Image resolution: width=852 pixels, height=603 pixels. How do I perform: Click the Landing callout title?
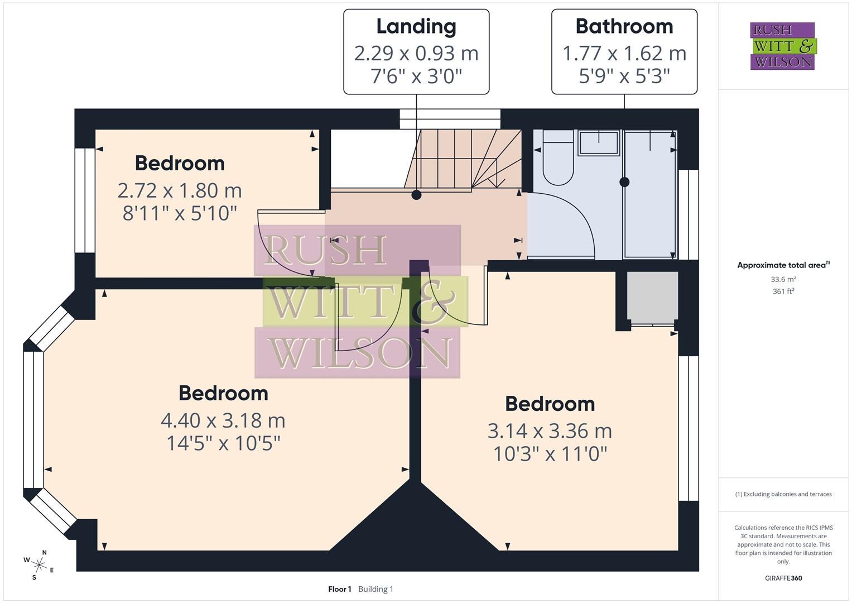tap(416, 27)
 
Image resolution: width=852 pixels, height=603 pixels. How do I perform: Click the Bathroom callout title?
tap(624, 27)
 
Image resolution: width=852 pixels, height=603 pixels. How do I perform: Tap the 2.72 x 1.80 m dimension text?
tap(180, 191)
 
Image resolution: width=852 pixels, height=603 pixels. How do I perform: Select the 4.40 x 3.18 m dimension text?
tap(223, 420)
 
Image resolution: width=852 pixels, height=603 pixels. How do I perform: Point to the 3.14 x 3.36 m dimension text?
tap(550, 431)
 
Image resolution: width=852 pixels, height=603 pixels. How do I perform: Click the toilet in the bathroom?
tap(558, 159)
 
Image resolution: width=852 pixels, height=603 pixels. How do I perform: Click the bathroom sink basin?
tap(599, 143)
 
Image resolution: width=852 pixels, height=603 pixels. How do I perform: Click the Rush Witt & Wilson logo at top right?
tap(782, 46)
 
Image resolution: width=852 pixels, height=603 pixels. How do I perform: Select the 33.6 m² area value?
tap(783, 279)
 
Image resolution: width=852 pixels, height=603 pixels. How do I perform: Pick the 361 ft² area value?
tap(783, 291)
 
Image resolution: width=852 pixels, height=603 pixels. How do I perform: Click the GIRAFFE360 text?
tap(783, 578)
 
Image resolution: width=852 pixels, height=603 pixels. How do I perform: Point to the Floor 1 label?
tap(339, 589)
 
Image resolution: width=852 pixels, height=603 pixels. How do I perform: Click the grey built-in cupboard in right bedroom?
tap(652, 296)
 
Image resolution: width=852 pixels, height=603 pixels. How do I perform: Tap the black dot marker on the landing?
tap(416, 195)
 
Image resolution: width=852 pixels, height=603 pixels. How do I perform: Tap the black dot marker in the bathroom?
tap(624, 182)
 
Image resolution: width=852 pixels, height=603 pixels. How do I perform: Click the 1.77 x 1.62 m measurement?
tap(624, 54)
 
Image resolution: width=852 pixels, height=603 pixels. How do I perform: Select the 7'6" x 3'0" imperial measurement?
tap(416, 76)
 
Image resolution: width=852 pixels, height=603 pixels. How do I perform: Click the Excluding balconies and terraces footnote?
tap(783, 494)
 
